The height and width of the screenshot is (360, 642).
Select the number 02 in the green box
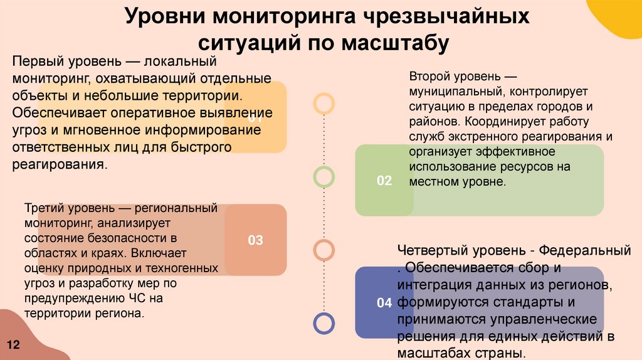[x=384, y=181]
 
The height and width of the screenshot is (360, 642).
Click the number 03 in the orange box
[x=255, y=240]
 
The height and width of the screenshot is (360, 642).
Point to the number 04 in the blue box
[x=384, y=303]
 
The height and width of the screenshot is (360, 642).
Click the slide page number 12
[x=14, y=345]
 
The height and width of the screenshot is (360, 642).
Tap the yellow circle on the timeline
[x=324, y=103]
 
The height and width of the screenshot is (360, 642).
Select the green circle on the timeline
[x=324, y=177]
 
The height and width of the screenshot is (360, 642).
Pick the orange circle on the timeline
[x=324, y=250]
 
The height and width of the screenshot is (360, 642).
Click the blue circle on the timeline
[x=324, y=323]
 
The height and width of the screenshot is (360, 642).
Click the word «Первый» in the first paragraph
[x=36, y=63]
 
